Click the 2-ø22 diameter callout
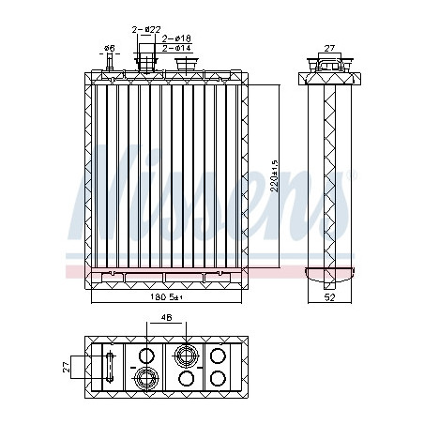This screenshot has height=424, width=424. click(147, 29)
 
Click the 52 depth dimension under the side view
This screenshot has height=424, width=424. click(330, 298)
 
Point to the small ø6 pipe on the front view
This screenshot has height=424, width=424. click(113, 65)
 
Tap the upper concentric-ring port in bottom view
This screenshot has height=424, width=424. click(185, 355)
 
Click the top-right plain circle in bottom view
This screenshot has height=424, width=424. click(220, 356)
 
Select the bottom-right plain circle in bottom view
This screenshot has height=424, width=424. click(220, 378)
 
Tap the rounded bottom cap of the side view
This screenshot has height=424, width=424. click(329, 275)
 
